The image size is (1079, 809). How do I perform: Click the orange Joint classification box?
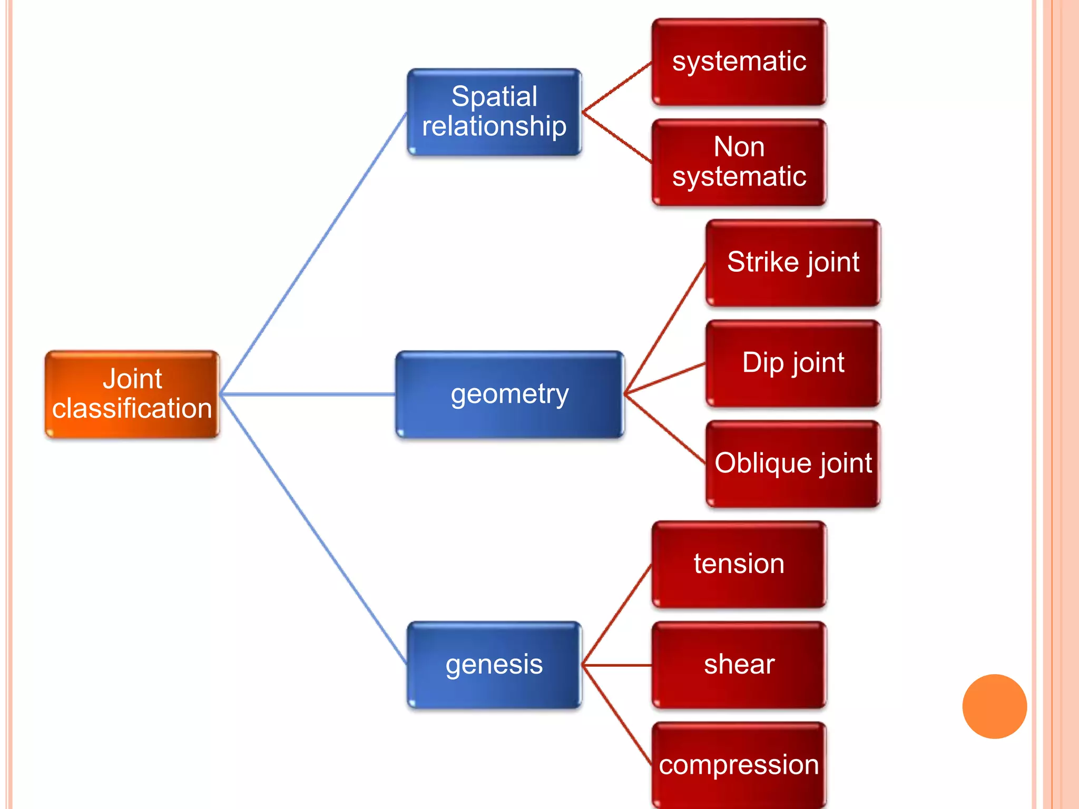[132, 394]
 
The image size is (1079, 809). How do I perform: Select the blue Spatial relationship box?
[494, 112]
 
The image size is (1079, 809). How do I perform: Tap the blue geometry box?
[509, 394]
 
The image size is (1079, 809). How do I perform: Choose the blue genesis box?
[494, 665]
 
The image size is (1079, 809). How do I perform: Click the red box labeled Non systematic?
[739, 162]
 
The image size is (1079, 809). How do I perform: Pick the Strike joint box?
[793, 262]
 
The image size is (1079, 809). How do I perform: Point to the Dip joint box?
[793, 363]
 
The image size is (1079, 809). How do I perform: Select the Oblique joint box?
[793, 463]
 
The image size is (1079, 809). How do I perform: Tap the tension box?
[739, 564]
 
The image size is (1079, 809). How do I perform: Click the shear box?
[739, 665]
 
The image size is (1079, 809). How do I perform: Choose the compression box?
[739, 765]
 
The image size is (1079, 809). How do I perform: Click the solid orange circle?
[994, 706]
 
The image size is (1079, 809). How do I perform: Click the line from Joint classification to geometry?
[308, 394]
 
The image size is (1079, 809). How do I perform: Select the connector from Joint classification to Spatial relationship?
[314, 253]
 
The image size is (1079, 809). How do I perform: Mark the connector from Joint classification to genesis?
[314, 529]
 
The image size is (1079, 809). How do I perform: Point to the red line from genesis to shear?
[616, 665]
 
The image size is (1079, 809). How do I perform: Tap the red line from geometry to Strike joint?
[665, 328]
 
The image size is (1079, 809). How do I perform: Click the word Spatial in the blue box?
[494, 97]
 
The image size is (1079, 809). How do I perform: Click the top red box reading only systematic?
[739, 62]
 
